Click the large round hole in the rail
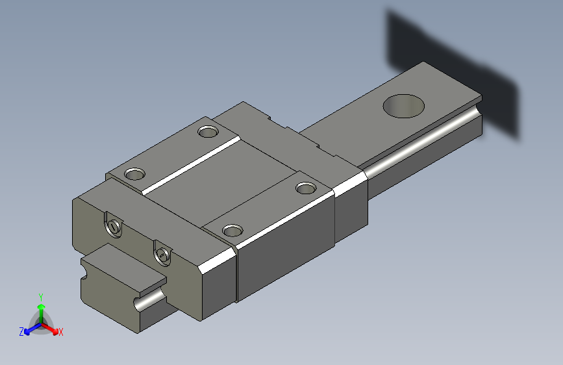pos(403,106)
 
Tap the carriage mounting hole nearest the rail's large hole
pos(306,188)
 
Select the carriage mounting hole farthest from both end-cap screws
pos(208,131)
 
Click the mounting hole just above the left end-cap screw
pos(134,174)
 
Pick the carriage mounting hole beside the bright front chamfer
pos(232,231)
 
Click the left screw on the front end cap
pos(114,226)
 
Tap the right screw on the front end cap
pos(162,254)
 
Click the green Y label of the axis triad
pos(41,297)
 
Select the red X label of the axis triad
pos(60,332)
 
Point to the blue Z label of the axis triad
pos(21,332)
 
